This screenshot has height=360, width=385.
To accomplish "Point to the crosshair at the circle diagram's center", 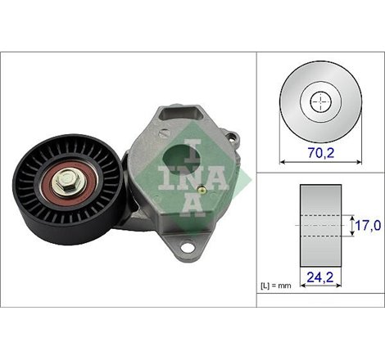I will coord(321,101).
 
